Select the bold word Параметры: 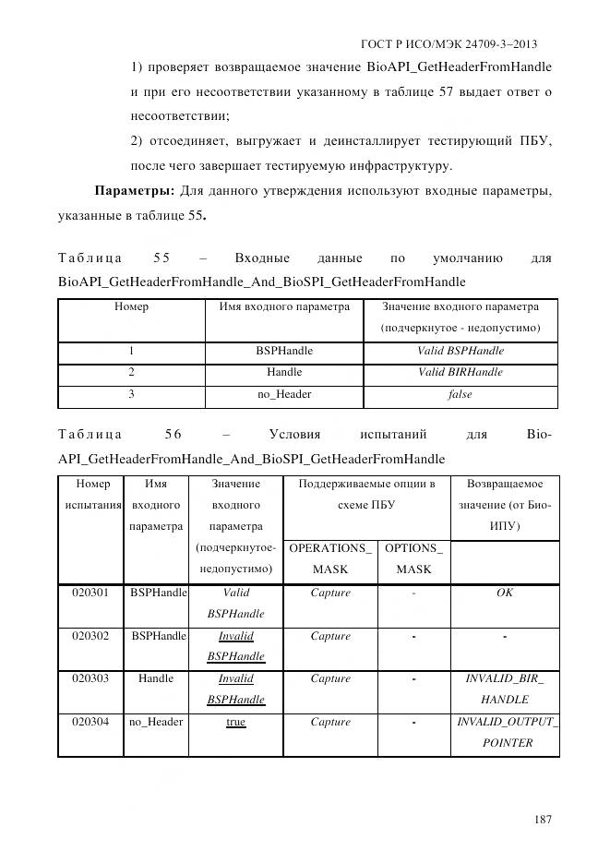[135, 191]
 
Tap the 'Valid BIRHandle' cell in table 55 [460, 373]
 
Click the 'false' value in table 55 [460, 395]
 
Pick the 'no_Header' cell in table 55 [284, 395]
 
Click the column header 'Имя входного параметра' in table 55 [284, 307]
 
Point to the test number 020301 [90, 593]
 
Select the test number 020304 [90, 722]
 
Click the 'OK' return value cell [504, 593]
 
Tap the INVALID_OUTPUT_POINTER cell [504, 732]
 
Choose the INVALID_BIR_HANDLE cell [504, 689]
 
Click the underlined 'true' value [235, 722]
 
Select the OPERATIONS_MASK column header [330, 558]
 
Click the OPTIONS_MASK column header [413, 558]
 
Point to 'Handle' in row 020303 [156, 678]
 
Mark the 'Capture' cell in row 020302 [330, 636]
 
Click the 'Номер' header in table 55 [131, 307]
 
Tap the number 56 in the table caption [173, 435]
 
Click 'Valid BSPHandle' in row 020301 [235, 603]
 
